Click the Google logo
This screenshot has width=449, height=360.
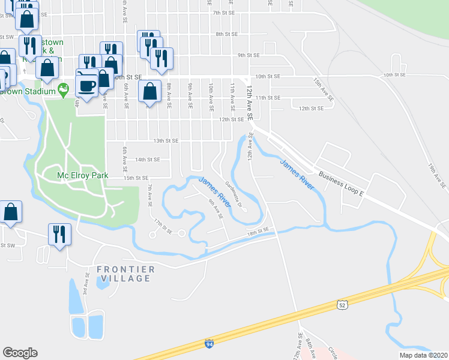point(20,353)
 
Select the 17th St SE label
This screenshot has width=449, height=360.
point(163,227)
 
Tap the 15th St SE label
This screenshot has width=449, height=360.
point(136,178)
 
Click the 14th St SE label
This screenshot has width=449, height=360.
point(147,160)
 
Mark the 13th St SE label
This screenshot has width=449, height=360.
point(166,141)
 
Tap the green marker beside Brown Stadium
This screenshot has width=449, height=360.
point(64,91)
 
